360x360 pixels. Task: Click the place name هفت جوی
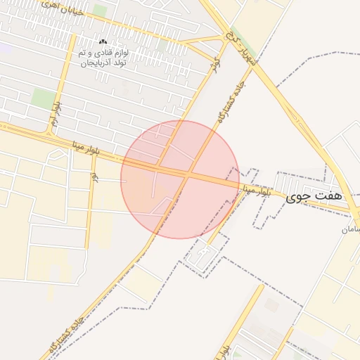click(x=314, y=197)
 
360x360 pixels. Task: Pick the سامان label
click(x=350, y=229)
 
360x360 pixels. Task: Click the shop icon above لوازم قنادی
click(x=103, y=43)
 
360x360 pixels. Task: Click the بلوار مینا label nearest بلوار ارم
click(x=86, y=147)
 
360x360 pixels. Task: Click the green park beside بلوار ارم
click(x=44, y=99)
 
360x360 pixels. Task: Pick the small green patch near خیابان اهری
click(x=100, y=11)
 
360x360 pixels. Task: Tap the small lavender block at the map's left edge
click(x=6, y=49)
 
